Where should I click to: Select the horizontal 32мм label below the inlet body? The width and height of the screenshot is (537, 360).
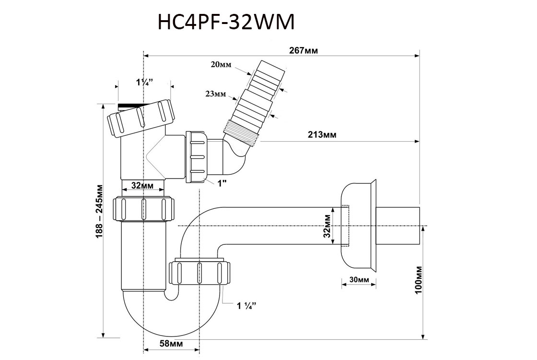click(142, 185)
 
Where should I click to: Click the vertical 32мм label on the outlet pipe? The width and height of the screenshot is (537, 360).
click(327, 226)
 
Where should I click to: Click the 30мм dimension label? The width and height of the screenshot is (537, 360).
click(359, 280)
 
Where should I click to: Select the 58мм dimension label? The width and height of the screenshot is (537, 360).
click(171, 343)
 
